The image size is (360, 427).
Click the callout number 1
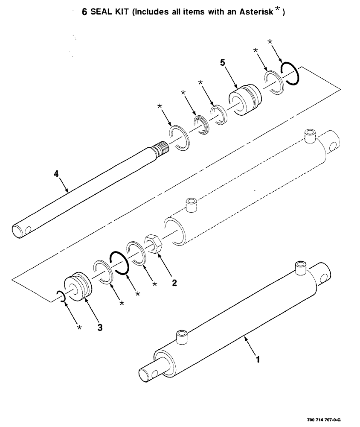(x=257, y=360)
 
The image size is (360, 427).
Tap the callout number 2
(x=174, y=282)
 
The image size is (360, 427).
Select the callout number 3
(x=99, y=328)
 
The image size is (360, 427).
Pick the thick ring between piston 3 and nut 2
(x=119, y=262)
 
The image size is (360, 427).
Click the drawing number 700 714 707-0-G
(x=323, y=420)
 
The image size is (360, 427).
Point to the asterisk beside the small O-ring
(x=78, y=328)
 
